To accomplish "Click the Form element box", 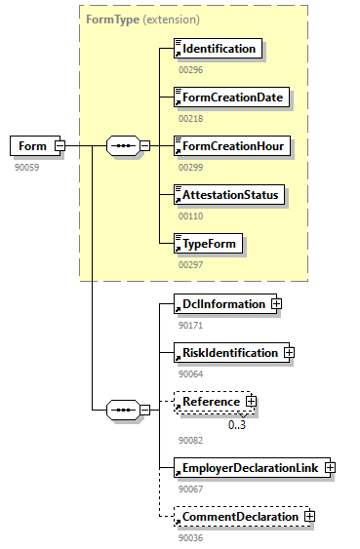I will click(31, 146).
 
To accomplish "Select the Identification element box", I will click(217, 49).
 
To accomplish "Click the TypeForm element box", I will click(207, 244).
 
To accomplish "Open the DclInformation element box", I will click(220, 304).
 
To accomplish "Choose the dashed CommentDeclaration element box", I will click(236, 516).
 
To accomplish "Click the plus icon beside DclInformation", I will click(276, 304).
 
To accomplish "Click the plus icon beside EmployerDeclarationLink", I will click(330, 468).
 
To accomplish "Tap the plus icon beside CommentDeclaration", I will click(308, 516).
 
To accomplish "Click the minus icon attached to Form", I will click(60, 146).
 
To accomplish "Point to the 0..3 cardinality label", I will click(237, 424).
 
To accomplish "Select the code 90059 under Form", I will click(26, 167).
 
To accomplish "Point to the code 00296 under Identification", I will click(190, 69).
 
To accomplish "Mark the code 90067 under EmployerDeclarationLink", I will click(190, 489).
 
